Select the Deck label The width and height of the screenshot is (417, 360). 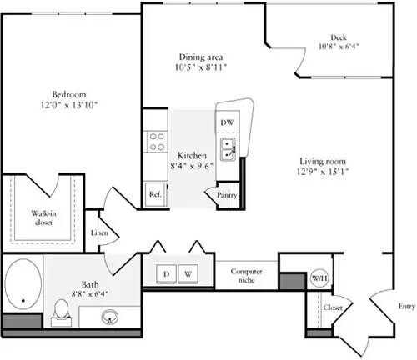338,37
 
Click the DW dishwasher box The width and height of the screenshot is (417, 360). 227,122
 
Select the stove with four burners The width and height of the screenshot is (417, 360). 154,142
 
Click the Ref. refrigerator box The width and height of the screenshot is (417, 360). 154,193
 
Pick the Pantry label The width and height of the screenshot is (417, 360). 227,195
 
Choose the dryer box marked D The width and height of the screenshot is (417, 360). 165,273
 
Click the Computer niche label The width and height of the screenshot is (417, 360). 247,275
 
